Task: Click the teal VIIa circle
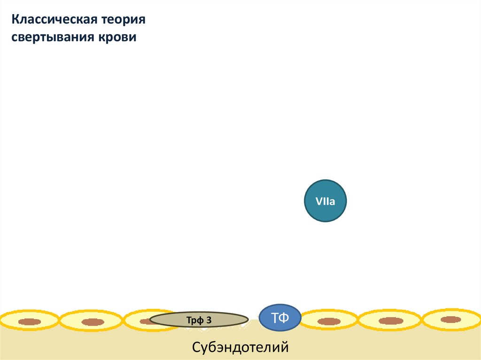(x=326, y=201)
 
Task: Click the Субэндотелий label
(x=240, y=348)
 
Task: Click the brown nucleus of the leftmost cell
(x=30, y=322)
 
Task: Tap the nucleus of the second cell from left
(x=93, y=322)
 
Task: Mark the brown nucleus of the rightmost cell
(x=451, y=320)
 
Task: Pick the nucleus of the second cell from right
(x=391, y=321)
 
